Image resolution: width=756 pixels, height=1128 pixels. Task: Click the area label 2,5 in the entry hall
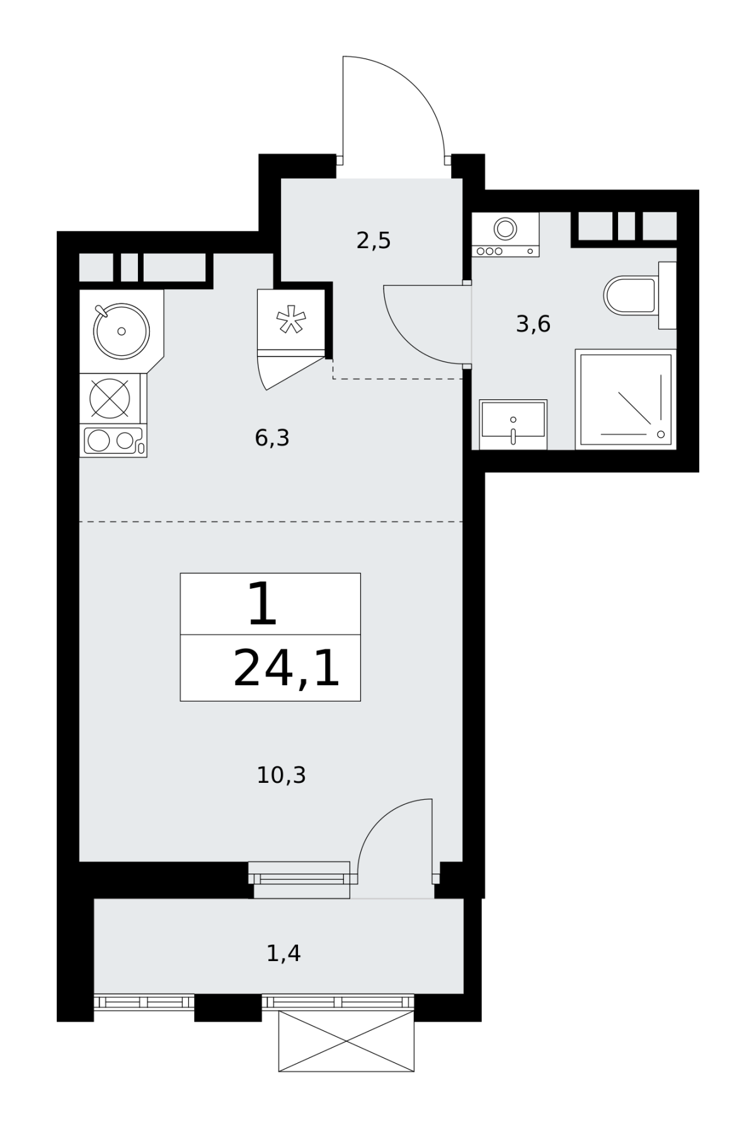374,241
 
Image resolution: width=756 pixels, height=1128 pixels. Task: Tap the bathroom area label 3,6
533,324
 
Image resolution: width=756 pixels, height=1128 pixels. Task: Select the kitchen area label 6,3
272,437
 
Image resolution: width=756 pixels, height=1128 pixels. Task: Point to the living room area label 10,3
281,775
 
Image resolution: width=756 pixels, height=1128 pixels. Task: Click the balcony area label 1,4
283,954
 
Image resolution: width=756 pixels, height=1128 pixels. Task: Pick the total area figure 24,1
287,668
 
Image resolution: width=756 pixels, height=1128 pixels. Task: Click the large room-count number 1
263,604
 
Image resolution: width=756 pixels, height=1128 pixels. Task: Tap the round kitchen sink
122,331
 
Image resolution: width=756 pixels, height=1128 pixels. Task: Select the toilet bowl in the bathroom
630,295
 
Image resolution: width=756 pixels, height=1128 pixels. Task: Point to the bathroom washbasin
513,424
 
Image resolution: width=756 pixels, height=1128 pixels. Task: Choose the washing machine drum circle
505,228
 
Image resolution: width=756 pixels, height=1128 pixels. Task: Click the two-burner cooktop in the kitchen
113,440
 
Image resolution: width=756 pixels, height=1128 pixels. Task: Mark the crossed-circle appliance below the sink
110,397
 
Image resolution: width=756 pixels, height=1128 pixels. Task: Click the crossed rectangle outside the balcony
346,1041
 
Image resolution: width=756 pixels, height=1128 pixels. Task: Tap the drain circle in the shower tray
661,434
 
